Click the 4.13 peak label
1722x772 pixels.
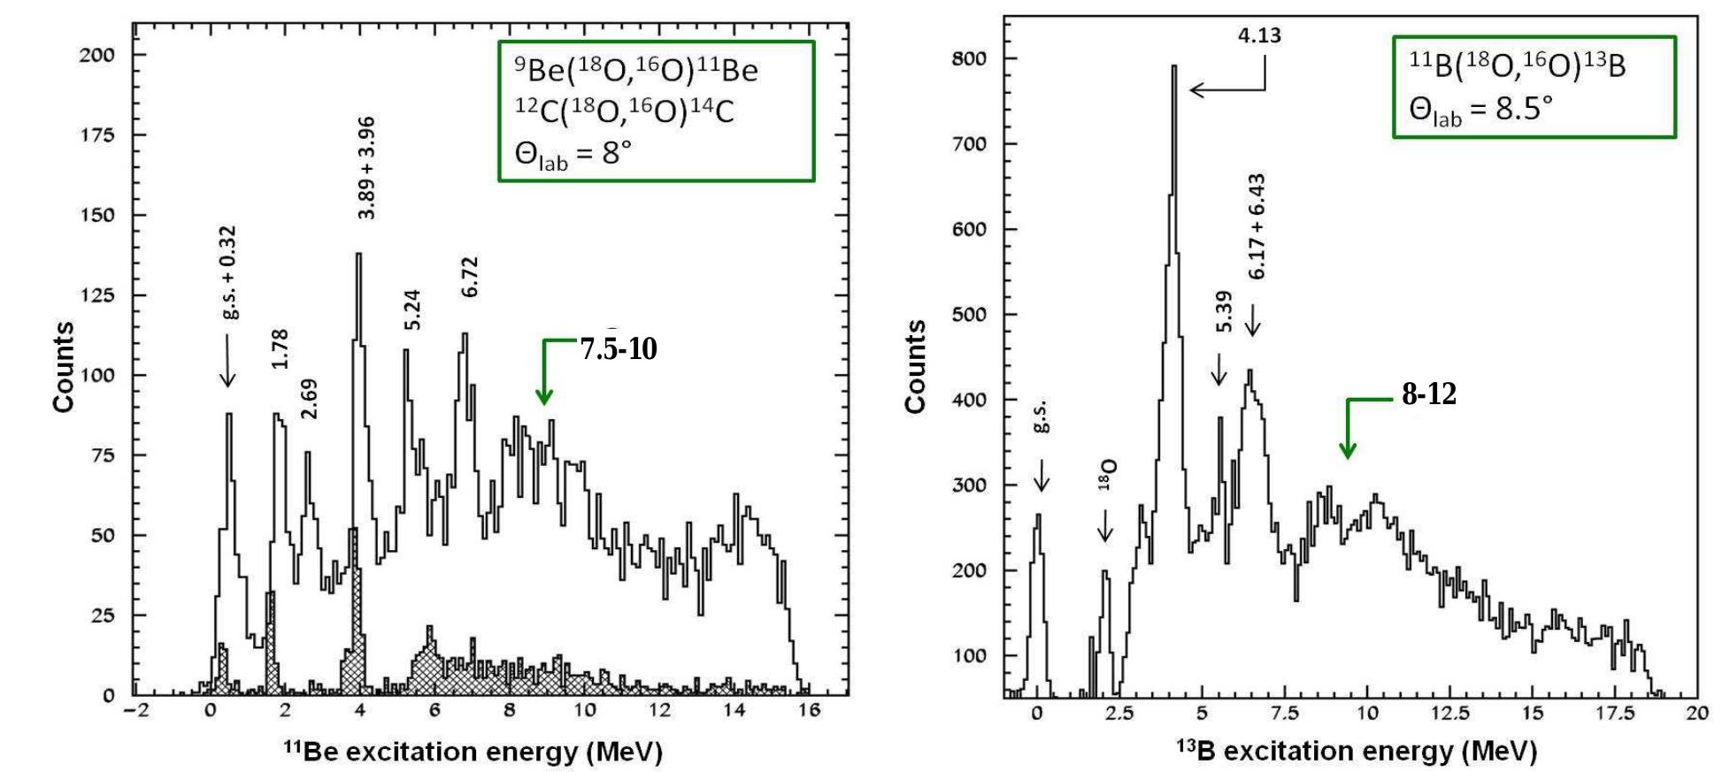(1259, 35)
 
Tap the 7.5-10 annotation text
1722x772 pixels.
(619, 349)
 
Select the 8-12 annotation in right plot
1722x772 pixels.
(1428, 394)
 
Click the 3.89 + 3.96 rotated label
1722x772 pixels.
(366, 168)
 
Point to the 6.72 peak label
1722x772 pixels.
(469, 277)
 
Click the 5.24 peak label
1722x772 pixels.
(412, 310)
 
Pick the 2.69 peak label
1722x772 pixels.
(309, 399)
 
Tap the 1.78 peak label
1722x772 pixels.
(281, 348)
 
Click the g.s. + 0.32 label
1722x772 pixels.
(228, 272)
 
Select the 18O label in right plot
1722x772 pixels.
(1106, 475)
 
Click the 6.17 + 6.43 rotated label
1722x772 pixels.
(1257, 226)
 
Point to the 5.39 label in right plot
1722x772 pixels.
(1224, 311)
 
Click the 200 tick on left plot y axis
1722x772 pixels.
(97, 55)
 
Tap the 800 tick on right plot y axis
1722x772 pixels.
(968, 59)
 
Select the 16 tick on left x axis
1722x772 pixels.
(809, 710)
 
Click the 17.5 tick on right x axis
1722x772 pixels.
(1615, 714)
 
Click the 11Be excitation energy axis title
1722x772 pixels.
(473, 752)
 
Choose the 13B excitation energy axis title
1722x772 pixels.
(1356, 751)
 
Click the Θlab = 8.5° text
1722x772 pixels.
(1480, 111)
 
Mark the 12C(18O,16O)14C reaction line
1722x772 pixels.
(625, 111)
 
